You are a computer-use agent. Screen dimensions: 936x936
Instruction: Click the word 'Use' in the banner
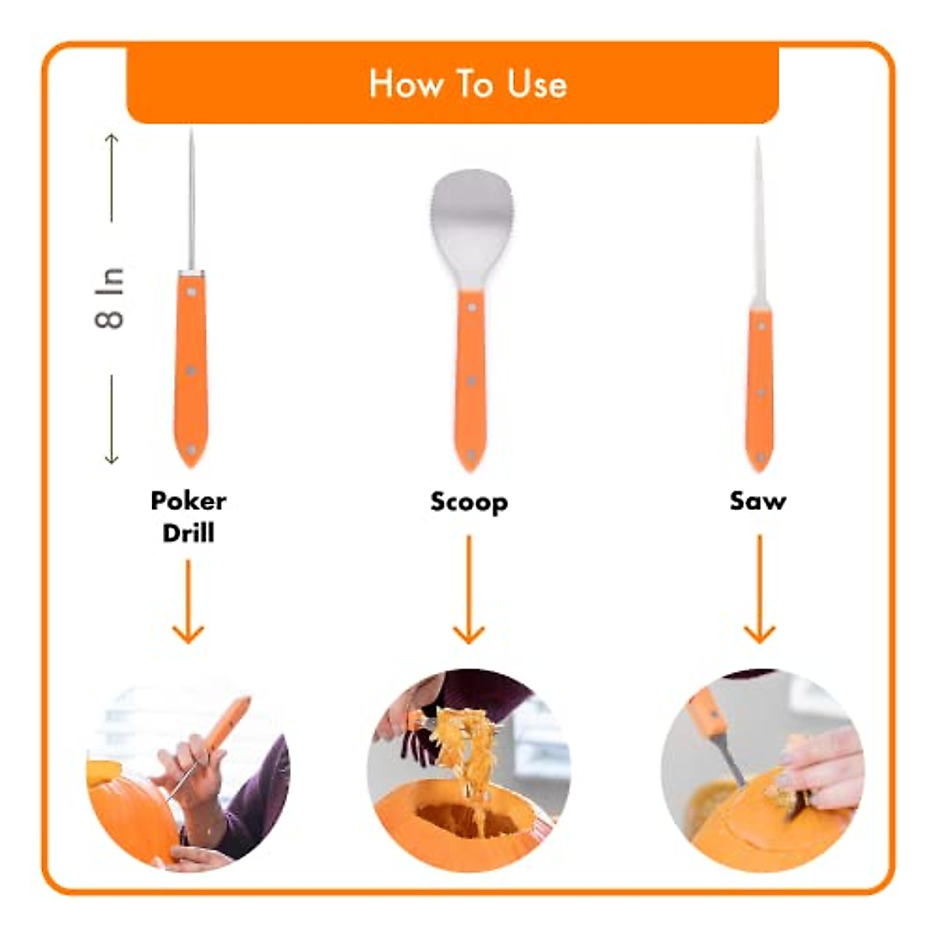[x=537, y=83]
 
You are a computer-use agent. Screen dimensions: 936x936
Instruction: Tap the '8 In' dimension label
[x=110, y=298]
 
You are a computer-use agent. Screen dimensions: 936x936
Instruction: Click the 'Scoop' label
[x=469, y=502]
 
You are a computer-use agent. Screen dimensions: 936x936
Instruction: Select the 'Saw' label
[x=757, y=501]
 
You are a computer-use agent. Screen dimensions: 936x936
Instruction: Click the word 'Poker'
[x=188, y=500]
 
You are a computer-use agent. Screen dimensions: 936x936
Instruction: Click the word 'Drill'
[x=188, y=533]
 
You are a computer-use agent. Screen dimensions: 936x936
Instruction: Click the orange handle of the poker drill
[x=191, y=367]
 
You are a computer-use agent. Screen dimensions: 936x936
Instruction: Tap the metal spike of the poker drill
[x=191, y=203]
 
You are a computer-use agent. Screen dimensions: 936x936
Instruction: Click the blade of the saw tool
[x=758, y=226]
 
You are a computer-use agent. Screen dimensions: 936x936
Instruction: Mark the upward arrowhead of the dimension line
[x=112, y=139]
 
